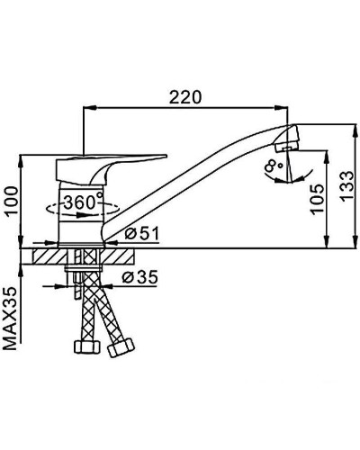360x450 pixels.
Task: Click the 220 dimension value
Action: coord(185,96)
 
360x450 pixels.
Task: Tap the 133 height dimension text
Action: coord(347,186)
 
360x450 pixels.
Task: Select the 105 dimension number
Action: coord(318,199)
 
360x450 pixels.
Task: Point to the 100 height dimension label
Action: coord(12,201)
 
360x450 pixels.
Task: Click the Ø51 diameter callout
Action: coord(142,233)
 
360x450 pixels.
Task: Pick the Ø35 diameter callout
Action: coord(139,277)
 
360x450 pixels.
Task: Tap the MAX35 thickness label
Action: coord(10,319)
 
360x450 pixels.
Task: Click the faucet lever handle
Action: coord(111,169)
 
